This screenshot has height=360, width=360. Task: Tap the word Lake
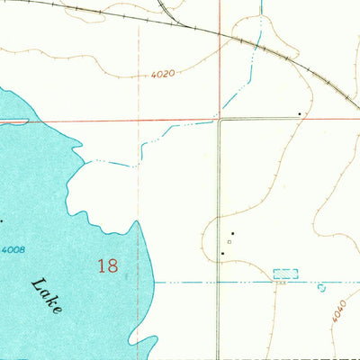[x=46, y=296]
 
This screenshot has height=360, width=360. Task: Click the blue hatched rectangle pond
[x=284, y=273]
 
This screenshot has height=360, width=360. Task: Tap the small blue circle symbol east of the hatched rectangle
[x=322, y=288]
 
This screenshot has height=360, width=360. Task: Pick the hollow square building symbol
[x=229, y=241]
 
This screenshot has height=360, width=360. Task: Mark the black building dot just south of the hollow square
[x=222, y=254]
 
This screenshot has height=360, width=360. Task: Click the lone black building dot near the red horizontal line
[x=300, y=113]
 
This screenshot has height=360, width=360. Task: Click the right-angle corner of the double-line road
[x=219, y=120]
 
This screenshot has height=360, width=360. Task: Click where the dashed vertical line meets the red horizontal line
[x=139, y=120]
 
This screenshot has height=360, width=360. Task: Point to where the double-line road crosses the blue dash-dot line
[x=218, y=282]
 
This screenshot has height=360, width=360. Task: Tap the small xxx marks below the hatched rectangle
[x=281, y=282]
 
